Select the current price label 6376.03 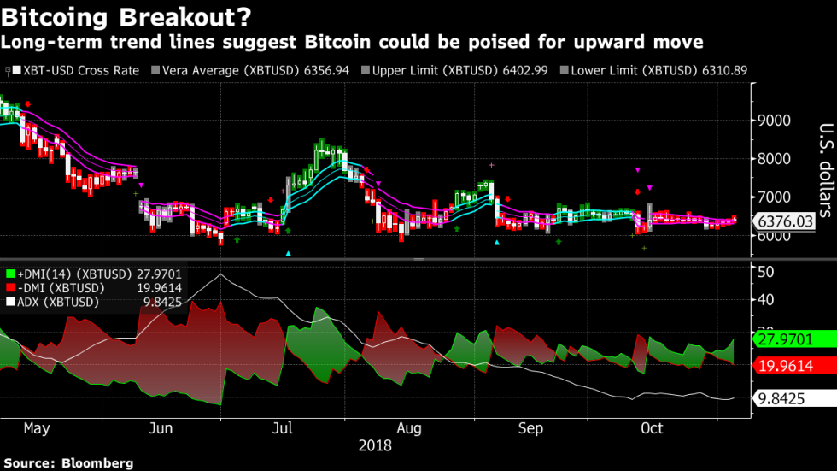coord(783,222)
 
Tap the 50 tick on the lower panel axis coord(766,271)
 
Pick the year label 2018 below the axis coord(376,445)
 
